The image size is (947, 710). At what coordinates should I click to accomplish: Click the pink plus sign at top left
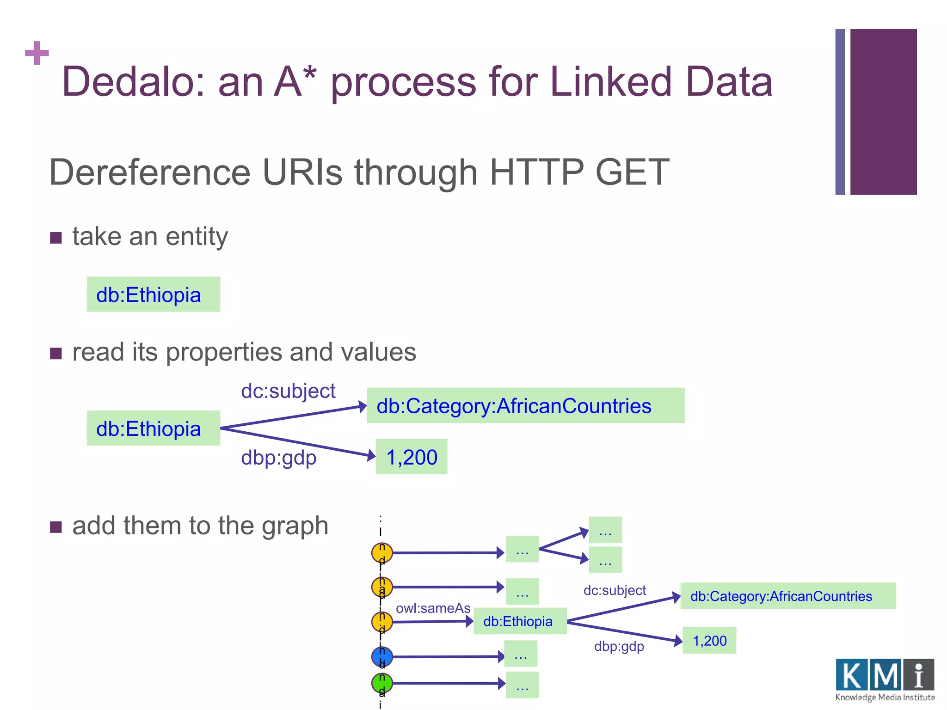(37, 53)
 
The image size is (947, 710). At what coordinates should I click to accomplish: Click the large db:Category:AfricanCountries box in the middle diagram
(525, 406)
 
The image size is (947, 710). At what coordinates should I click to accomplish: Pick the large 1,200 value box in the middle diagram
(411, 457)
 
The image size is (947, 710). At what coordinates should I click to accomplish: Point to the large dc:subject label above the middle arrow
(288, 391)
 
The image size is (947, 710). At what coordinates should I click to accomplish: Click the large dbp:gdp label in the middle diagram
(278, 458)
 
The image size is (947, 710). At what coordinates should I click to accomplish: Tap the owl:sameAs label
(433, 608)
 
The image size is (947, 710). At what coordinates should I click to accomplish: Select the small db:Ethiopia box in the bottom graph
(520, 621)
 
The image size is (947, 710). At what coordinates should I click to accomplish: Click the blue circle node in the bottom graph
(382, 656)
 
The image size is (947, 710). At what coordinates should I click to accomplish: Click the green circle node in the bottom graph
(382, 683)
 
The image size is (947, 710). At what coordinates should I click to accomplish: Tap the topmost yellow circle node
(382, 552)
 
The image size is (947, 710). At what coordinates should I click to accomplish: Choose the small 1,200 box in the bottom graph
(709, 641)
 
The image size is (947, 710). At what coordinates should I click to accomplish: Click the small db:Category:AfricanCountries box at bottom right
(787, 596)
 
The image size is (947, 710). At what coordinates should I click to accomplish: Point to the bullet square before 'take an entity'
(56, 238)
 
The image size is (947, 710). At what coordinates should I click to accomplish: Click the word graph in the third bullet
(295, 526)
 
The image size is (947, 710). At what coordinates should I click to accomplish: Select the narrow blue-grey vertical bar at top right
(840, 112)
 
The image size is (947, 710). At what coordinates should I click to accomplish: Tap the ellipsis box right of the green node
(522, 685)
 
